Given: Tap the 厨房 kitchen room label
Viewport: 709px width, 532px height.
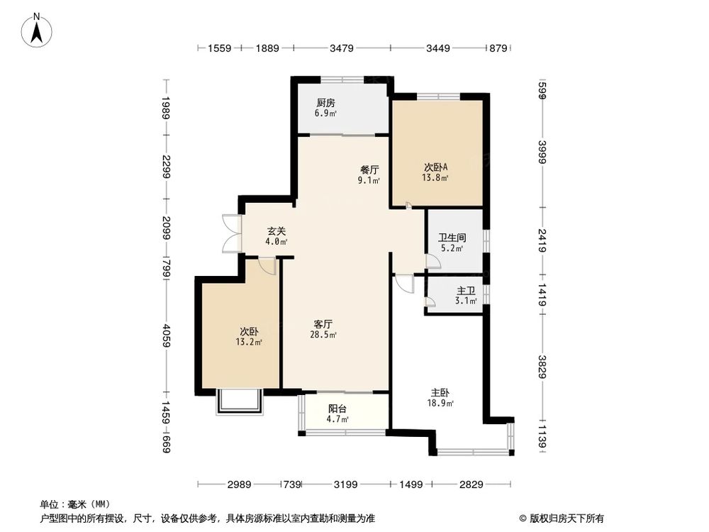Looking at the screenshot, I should [x=325, y=103].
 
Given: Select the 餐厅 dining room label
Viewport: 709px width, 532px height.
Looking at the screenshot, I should [x=369, y=170].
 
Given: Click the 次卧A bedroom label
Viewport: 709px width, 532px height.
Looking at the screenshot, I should [x=435, y=167].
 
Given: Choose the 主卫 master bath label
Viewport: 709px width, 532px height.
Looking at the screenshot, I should [x=465, y=291].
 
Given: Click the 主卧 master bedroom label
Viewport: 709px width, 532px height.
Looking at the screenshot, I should [x=440, y=392].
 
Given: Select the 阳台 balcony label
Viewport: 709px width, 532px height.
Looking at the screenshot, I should [x=337, y=409].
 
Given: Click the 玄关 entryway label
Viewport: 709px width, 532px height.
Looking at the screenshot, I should [x=277, y=231].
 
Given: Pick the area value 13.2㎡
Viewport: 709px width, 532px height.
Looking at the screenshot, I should [x=249, y=343].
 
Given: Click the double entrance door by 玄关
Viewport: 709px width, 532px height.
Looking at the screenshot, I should [x=231, y=233].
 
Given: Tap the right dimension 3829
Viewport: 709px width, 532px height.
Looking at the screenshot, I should [x=542, y=366].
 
